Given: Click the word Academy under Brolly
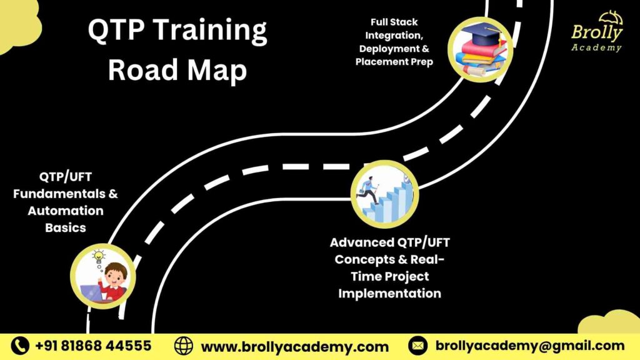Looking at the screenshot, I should click(596, 47).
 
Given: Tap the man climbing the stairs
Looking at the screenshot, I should click(369, 190).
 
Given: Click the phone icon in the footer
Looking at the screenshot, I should click(21, 346).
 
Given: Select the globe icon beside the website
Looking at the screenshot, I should click(184, 346).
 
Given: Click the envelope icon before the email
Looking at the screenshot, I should click(417, 346).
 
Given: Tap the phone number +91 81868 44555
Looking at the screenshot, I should click(93, 346).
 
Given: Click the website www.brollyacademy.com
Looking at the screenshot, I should click(294, 346).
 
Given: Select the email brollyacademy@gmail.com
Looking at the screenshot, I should click(529, 346).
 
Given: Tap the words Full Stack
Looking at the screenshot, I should click(394, 22).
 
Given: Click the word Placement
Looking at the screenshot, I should click(380, 62).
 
